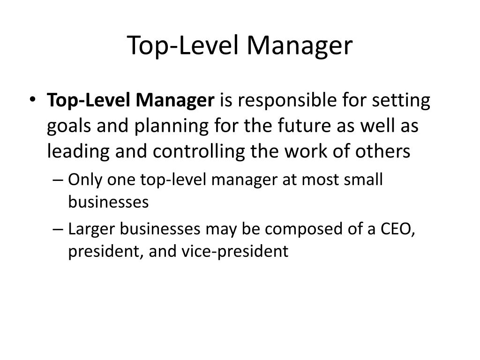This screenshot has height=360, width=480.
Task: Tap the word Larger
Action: (91, 230)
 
